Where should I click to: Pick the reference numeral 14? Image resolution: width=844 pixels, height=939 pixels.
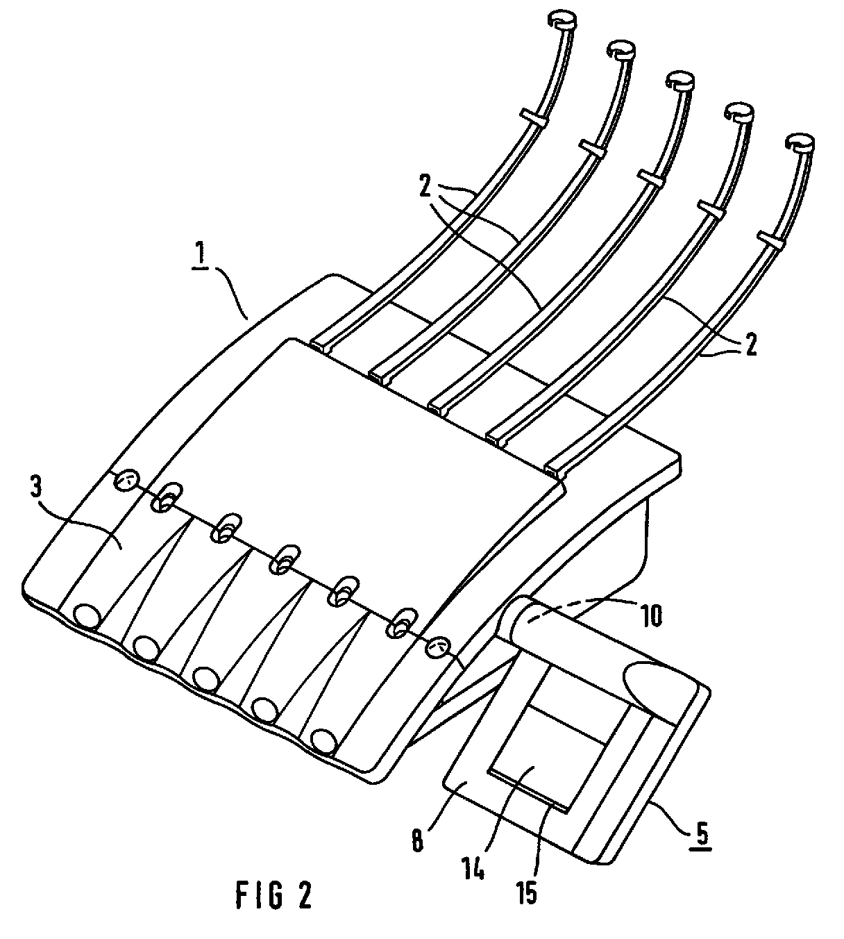(475, 867)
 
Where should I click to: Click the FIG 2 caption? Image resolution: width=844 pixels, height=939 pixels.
(273, 895)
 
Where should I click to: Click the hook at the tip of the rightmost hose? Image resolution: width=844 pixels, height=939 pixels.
(800, 144)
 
